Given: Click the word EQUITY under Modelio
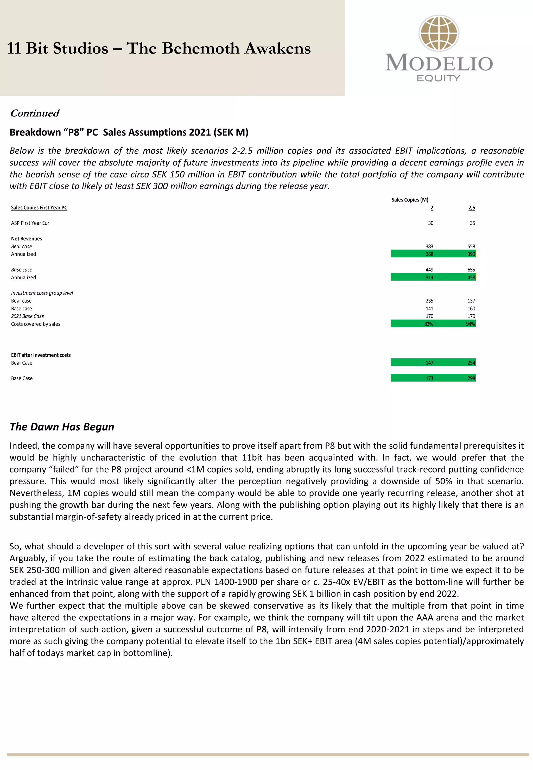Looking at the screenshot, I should (439, 78).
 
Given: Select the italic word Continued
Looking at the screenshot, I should (35, 113).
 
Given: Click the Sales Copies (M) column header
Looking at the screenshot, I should (410, 200).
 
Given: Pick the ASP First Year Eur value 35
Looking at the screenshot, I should (472, 223).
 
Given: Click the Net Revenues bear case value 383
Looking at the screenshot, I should (429, 246).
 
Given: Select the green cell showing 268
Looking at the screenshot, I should (429, 254).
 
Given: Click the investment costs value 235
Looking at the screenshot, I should (429, 301).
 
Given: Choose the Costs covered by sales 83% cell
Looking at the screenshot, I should (428, 324).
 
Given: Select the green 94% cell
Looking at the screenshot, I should (470, 324).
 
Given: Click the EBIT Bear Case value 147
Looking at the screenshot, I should (429, 363).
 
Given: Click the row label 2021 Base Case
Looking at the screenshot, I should (27, 316).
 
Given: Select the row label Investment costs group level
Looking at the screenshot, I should (42, 293).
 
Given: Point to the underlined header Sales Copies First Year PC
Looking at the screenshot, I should (39, 208).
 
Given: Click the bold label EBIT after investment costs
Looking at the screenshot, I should (41, 355).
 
